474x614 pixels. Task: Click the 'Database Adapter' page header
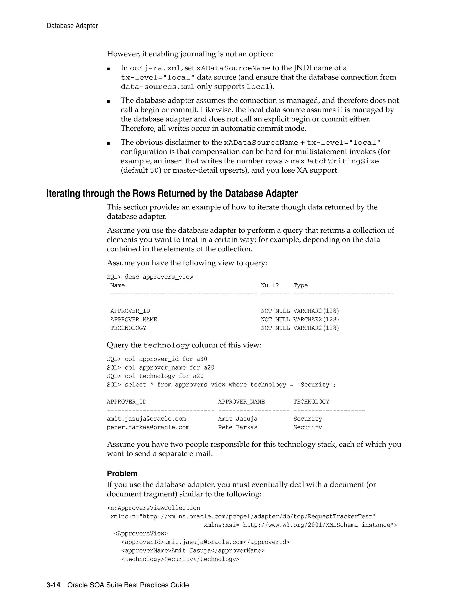point(72,26)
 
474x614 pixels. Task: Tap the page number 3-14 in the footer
point(53,585)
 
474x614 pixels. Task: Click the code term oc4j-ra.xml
point(155,68)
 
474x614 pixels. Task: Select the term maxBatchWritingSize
point(334,161)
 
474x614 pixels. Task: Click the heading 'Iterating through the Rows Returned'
point(172,194)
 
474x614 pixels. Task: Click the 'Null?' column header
point(270,285)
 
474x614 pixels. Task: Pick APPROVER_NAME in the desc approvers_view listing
point(134,319)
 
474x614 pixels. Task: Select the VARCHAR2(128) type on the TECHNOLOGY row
point(316,328)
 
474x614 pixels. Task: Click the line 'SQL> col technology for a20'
point(155,376)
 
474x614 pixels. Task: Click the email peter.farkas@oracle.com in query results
point(148,427)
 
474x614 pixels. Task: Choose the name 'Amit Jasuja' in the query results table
point(237,419)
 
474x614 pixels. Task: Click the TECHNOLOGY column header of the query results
point(311,402)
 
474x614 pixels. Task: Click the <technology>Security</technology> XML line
point(180,559)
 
